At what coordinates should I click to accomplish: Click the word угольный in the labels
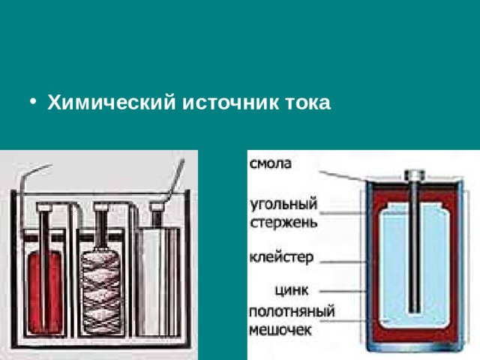point(283,205)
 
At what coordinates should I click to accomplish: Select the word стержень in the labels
point(283,221)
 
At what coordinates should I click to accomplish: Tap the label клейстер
point(280,257)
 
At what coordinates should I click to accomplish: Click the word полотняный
point(291,312)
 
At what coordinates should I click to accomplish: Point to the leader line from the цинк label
point(345,289)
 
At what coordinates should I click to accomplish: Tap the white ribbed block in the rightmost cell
point(158,281)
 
